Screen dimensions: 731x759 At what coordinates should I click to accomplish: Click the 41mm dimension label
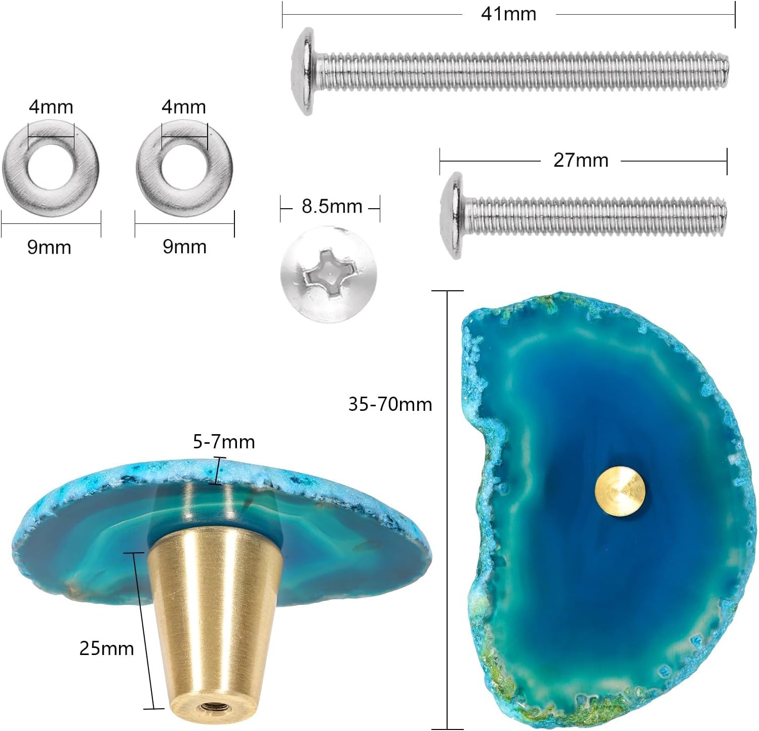pos(508,14)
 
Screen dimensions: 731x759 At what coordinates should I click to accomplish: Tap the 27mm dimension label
pos(580,160)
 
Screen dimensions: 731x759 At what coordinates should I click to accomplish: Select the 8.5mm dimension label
pos(332,207)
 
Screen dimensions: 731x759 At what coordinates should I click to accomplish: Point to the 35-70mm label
pos(390,404)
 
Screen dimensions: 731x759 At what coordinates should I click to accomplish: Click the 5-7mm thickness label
pos(224,442)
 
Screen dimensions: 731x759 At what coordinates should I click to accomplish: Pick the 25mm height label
pos(106,648)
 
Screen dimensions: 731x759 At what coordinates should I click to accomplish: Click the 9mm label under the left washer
pos(49,247)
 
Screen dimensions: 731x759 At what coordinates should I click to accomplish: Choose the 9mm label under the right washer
pos(184,247)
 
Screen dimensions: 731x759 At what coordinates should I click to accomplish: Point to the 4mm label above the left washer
pos(51,107)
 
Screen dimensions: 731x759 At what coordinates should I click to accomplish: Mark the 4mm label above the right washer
pos(184,107)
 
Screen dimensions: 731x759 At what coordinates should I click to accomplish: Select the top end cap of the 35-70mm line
pos(447,291)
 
